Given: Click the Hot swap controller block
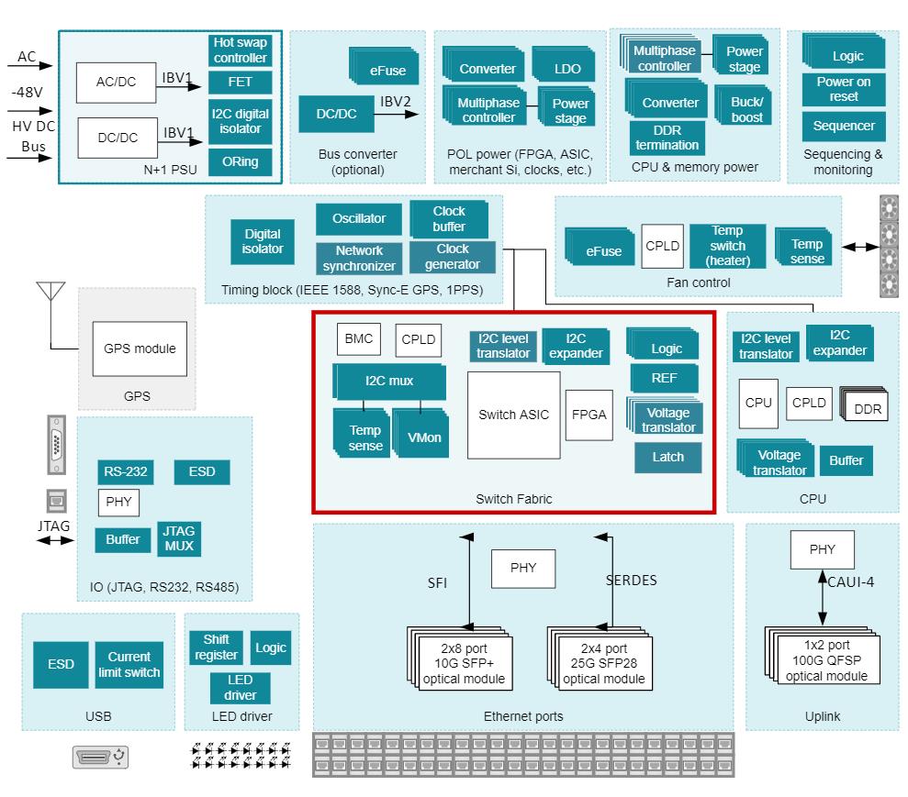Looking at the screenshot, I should (241, 50).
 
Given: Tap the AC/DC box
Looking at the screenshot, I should (116, 82).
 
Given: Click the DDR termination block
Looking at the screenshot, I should (667, 138).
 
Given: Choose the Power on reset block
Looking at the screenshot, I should (843, 89).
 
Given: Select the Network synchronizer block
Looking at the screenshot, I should (359, 258).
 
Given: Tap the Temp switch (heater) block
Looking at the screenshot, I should (727, 246).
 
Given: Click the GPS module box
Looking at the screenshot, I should (140, 349).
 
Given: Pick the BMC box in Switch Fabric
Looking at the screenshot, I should (357, 339).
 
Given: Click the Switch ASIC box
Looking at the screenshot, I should (513, 415).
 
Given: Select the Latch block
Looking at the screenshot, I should (667, 457).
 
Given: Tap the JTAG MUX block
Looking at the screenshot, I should (179, 538).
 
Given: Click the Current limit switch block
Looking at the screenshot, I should (134, 665).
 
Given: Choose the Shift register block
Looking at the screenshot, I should (216, 648).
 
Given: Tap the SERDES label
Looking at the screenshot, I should (632, 581).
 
